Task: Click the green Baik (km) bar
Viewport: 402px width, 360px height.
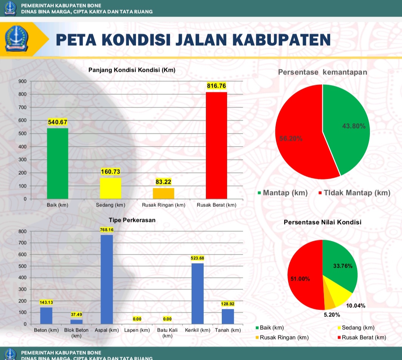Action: [57, 163]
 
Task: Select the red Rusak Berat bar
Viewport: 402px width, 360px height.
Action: [216, 145]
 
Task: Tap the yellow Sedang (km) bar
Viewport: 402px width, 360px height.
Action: [110, 188]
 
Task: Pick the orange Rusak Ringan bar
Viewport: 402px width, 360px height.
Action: [163, 194]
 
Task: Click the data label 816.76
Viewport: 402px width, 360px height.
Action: [216, 86]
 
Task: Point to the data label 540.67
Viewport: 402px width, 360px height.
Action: [57, 122]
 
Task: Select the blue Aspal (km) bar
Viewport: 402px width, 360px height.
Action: [107, 279]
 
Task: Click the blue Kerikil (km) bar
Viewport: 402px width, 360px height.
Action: [197, 293]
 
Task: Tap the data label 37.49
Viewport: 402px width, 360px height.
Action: [76, 314]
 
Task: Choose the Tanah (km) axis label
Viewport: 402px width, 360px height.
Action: [228, 330]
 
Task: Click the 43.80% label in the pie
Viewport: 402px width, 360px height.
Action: [354, 126]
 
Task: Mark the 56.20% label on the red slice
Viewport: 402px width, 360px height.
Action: [291, 138]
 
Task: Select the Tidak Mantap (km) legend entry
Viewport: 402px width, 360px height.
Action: [354, 193]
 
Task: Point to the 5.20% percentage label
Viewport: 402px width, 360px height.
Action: [332, 315]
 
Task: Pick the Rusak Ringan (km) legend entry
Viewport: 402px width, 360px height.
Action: [282, 337]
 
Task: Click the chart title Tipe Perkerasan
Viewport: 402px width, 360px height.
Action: [132, 220]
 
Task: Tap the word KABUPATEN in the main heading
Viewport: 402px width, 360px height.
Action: [282, 40]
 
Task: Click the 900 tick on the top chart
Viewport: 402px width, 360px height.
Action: [23, 81]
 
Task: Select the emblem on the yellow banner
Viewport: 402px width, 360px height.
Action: [16, 39]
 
